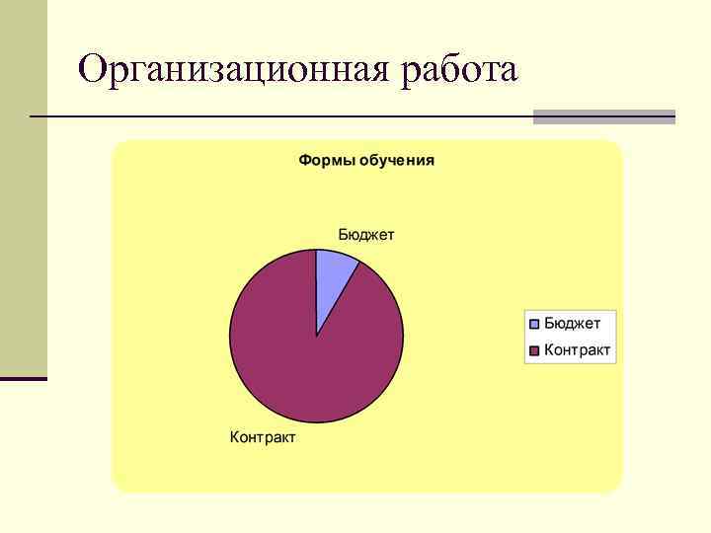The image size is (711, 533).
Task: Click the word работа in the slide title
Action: (459, 71)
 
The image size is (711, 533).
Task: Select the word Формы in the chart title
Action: (323, 160)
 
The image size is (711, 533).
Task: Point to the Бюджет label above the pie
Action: (365, 234)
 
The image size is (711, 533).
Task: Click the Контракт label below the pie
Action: (263, 436)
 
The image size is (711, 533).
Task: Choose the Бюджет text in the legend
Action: (572, 323)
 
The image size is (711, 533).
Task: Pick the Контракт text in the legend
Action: (578, 349)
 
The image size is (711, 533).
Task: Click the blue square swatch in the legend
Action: (534, 323)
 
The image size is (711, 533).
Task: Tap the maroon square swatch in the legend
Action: (534, 349)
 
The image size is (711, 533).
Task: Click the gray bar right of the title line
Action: (603, 116)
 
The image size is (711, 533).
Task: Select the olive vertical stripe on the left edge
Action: (23, 188)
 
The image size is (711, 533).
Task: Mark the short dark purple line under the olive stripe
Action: (23, 378)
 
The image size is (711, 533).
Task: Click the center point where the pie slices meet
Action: (316, 337)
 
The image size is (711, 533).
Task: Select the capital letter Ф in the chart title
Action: (305, 160)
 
